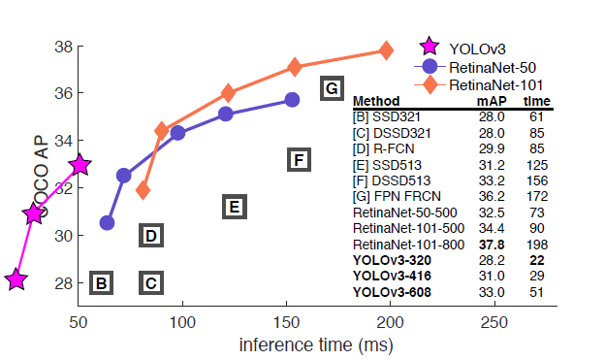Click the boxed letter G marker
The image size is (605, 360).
[332, 88]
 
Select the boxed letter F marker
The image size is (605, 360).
[299, 159]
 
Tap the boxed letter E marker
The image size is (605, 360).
[235, 207]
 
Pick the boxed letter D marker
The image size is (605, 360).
[151, 235]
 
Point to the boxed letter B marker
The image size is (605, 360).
[101, 282]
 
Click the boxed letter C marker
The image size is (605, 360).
[151, 282]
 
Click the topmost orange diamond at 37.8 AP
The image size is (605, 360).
[386, 50]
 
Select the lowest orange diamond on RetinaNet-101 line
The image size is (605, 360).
[143, 190]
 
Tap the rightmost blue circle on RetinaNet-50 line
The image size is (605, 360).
[292, 100]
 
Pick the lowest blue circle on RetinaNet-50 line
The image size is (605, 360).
[107, 222]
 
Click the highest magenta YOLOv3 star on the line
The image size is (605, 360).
[80, 165]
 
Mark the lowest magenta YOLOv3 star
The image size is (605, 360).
[16, 278]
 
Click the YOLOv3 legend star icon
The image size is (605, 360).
[430, 47]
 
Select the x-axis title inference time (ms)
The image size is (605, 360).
[316, 344]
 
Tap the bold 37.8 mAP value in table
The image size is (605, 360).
[492, 245]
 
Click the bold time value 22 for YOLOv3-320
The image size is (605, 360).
[537, 260]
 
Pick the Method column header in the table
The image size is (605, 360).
[376, 101]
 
